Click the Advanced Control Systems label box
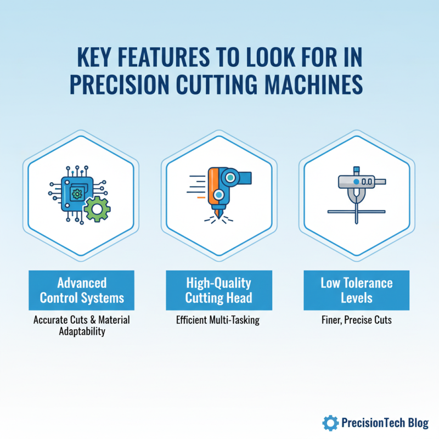82,291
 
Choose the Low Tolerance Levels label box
357,291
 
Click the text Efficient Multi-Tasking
218,320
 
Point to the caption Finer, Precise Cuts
357,320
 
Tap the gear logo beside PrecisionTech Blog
330,422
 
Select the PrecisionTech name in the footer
371,423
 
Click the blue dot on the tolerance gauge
356,181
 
